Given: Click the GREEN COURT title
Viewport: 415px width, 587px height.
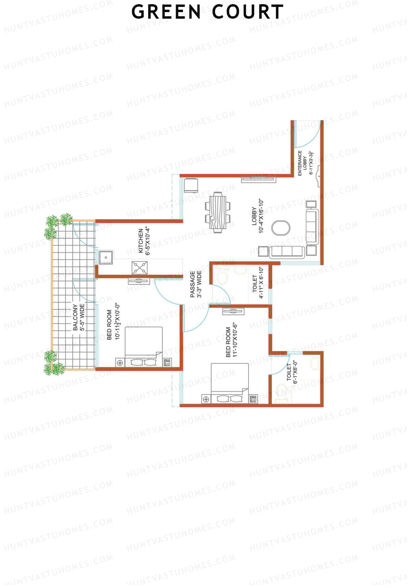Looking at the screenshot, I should click(207, 12).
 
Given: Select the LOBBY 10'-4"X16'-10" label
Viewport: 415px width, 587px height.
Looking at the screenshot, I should click(258, 216).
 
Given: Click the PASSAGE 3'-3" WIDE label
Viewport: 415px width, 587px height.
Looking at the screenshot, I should click(195, 284).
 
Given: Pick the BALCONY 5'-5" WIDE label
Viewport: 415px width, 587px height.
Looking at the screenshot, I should click(79, 317).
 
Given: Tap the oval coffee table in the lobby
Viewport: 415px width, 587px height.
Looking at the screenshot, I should click(280, 228).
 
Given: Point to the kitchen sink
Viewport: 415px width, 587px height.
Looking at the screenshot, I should click(105, 257).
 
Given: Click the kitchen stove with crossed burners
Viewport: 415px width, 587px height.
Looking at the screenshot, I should click(140, 268).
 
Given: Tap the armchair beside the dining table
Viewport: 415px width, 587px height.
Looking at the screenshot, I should click(191, 185).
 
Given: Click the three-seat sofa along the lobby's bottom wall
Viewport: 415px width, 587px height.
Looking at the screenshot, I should click(287, 252).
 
